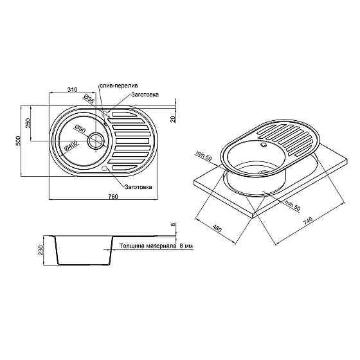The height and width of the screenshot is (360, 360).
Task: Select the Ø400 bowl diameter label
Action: coord(71,146)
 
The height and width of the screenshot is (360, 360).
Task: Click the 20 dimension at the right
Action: coord(174,118)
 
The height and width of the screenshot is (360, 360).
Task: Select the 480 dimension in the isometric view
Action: coord(219,228)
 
